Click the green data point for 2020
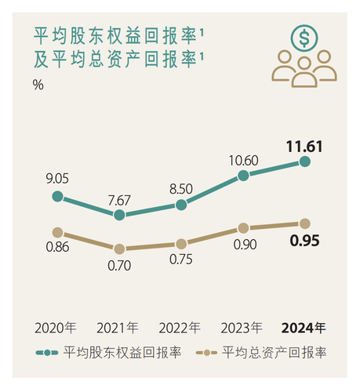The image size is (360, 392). [x=57, y=196]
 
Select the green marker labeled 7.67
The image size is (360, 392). [x=119, y=215]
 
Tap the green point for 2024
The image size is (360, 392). [x=305, y=162]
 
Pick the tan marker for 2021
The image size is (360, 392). [x=119, y=249]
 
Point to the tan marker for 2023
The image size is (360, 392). [x=243, y=228]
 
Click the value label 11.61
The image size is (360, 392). [x=304, y=147]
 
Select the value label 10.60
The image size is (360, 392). [x=244, y=161]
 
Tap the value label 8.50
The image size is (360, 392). [x=181, y=189]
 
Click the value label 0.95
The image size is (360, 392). [x=305, y=241]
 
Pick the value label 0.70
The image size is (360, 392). [x=119, y=266]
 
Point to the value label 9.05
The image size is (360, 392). [x=57, y=179]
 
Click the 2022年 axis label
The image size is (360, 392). [x=180, y=328]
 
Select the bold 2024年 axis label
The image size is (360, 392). [x=304, y=328]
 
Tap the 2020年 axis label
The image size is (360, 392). [x=56, y=328]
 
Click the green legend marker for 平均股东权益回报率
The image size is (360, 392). [x=47, y=353]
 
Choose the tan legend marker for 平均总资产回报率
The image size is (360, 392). [x=206, y=353]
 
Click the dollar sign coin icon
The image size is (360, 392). [x=304, y=38]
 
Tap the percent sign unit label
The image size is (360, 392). [x=38, y=85]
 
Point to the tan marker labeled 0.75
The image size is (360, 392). [x=181, y=244]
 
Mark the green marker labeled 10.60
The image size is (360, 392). [x=243, y=176]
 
